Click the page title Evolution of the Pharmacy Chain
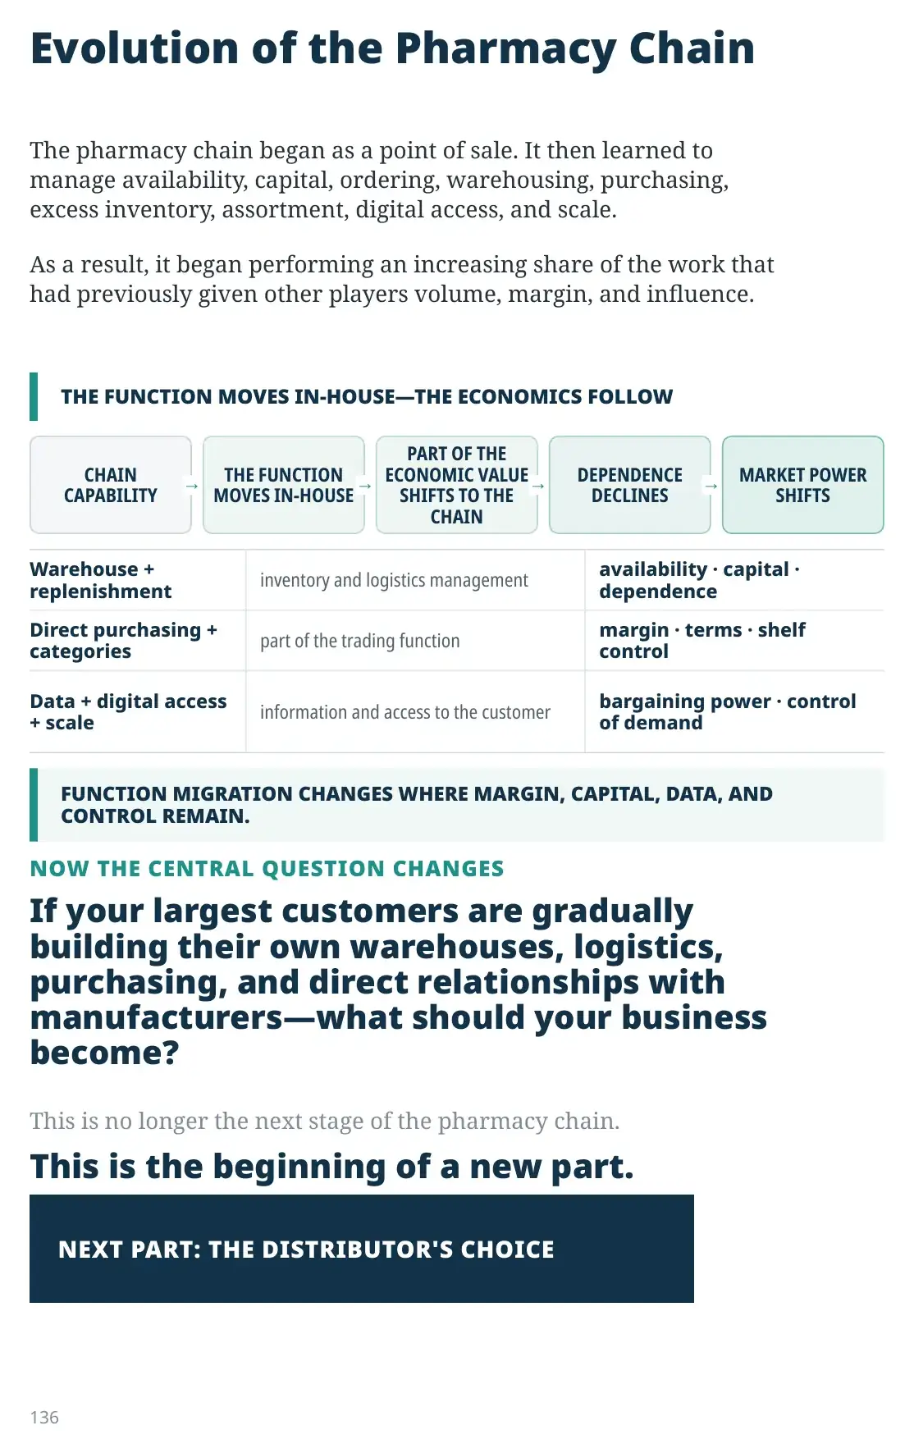tap(392, 49)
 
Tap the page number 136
tap(44, 1417)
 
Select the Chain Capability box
tap(111, 485)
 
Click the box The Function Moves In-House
tap(284, 485)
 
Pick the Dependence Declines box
tap(630, 485)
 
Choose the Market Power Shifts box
tap(803, 485)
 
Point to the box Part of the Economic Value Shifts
tap(457, 485)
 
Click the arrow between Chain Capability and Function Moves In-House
tap(192, 486)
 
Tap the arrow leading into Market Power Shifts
tap(711, 486)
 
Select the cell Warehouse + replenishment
tap(101, 580)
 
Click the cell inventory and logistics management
tap(394, 580)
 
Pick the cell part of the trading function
tap(359, 641)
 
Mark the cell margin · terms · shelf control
tap(702, 641)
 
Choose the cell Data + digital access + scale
tap(128, 712)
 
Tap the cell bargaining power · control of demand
tap(728, 712)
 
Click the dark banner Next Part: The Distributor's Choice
tap(362, 1249)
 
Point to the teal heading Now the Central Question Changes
tap(267, 868)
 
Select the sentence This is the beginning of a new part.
tap(332, 1167)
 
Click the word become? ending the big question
tap(104, 1053)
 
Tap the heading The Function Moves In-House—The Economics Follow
tap(367, 397)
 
